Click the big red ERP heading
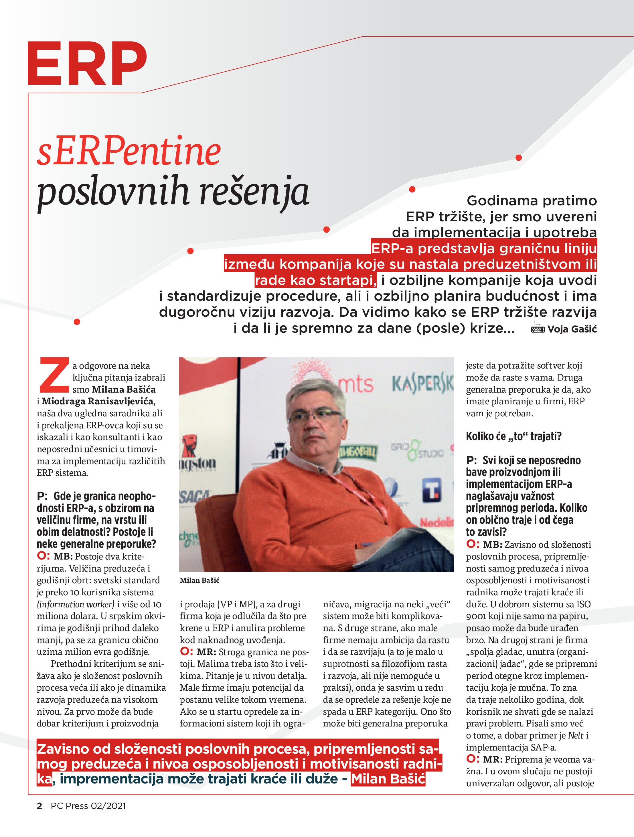click(x=87, y=63)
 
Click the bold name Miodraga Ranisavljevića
click(x=98, y=401)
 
